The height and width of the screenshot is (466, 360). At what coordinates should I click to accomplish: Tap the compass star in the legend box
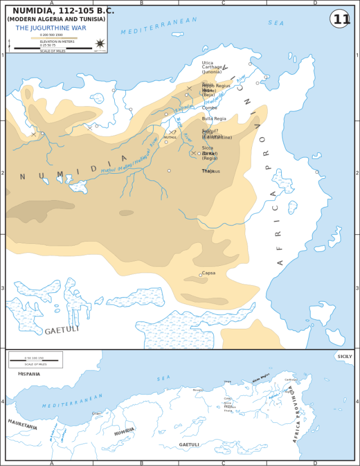[x=100, y=44]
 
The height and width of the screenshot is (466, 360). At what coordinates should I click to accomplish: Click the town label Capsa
[x=209, y=273]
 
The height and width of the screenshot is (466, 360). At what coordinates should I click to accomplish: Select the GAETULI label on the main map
[x=62, y=330]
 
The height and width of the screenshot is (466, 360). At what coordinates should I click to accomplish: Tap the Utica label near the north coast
[x=208, y=62]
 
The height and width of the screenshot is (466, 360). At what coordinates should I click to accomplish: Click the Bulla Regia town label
[x=214, y=119]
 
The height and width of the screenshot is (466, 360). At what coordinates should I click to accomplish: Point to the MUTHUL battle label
[x=170, y=137]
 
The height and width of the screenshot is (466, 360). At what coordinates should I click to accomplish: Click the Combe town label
[x=209, y=107]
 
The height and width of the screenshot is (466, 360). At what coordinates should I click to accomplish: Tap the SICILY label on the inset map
[x=344, y=356]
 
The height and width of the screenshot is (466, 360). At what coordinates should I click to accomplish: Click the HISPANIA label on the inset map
[x=29, y=374]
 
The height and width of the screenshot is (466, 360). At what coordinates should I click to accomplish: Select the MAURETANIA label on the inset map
[x=22, y=424]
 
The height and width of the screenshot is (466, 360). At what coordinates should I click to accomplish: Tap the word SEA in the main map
[x=276, y=23]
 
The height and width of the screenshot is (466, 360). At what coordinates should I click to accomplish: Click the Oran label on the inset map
[x=97, y=413]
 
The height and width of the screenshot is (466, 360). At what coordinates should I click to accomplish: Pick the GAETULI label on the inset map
[x=189, y=445]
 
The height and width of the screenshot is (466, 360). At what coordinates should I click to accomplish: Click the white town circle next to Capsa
[x=200, y=275]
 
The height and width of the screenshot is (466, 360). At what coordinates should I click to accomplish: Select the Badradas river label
[x=183, y=107]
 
